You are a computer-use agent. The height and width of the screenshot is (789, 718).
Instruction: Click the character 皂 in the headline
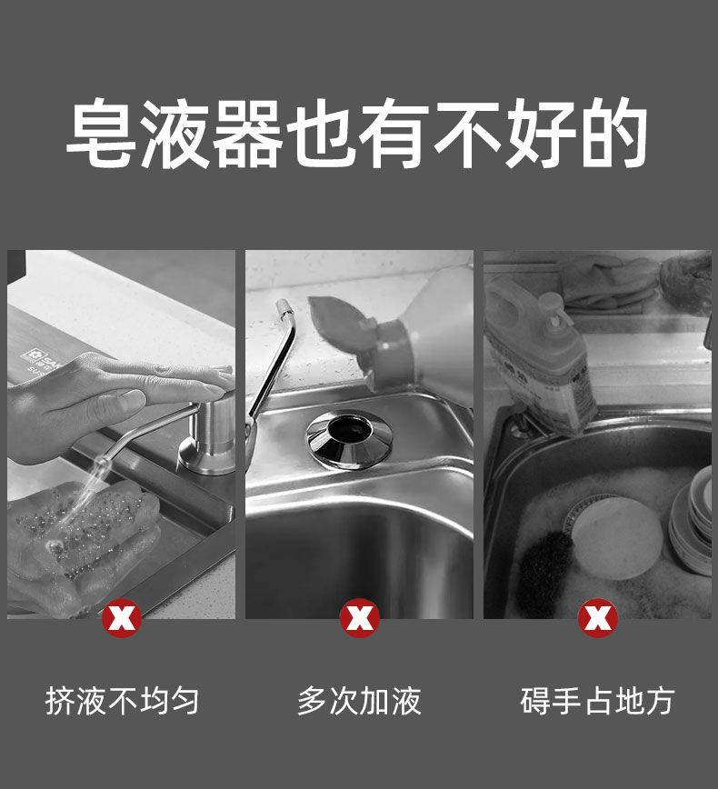[x=102, y=133]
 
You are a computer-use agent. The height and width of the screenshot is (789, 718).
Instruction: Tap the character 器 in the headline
[x=246, y=133]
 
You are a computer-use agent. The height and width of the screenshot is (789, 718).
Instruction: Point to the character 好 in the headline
[x=541, y=133]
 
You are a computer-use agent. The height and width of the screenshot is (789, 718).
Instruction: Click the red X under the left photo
[x=122, y=618]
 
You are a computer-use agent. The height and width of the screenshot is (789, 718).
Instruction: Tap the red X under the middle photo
[x=359, y=618]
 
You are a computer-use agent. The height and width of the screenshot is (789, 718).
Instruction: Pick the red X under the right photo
[x=598, y=618]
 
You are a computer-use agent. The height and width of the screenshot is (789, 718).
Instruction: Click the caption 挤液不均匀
[x=123, y=701]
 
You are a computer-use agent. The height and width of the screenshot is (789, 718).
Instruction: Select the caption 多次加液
[x=359, y=701]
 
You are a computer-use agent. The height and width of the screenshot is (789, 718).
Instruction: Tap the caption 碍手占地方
[x=598, y=701]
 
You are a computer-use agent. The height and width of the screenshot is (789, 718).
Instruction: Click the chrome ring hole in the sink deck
[x=349, y=439]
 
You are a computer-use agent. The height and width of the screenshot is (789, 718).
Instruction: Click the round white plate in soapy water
[x=617, y=537]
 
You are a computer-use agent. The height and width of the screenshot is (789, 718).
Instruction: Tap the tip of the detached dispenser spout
[x=284, y=305]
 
